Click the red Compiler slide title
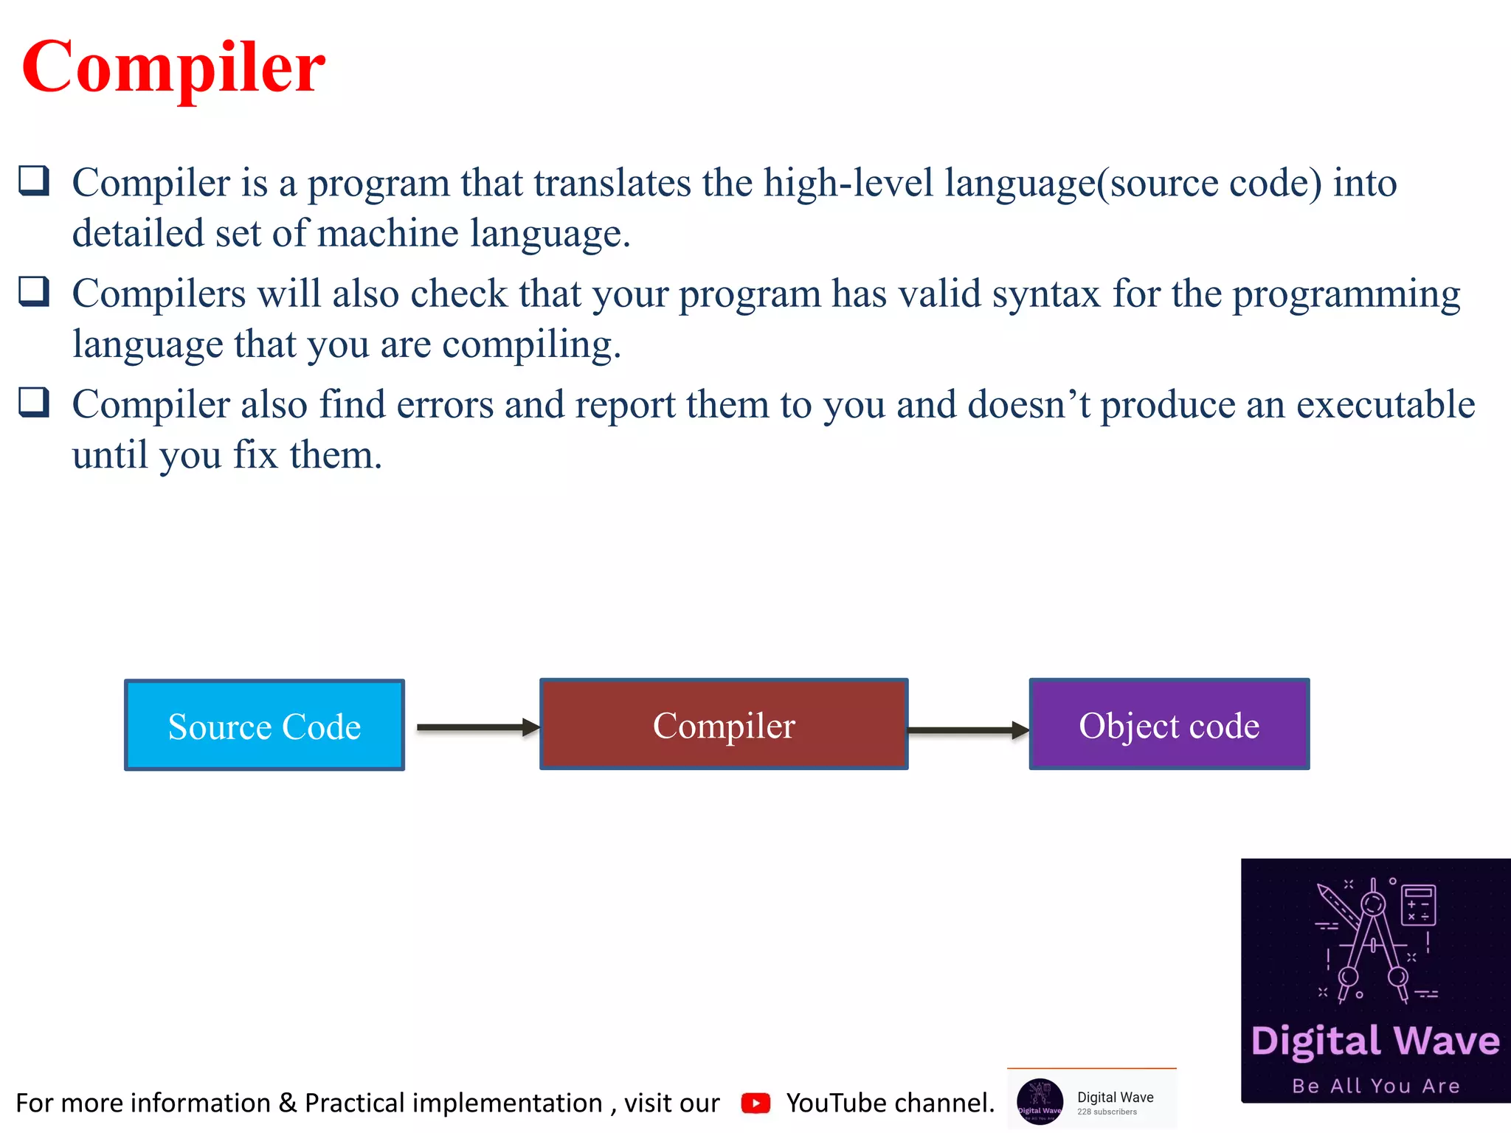pyautogui.click(x=173, y=68)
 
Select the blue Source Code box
pyautogui.click(x=264, y=725)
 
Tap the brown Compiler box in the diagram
pyautogui.click(x=723, y=724)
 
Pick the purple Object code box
pyautogui.click(x=1169, y=724)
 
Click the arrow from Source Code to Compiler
pyautogui.click(x=477, y=727)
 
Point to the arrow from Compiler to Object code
pyautogui.click(x=967, y=730)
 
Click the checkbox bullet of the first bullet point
pyautogui.click(x=34, y=181)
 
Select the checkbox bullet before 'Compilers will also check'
pyautogui.click(x=34, y=291)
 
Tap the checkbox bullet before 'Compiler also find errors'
pyautogui.click(x=34, y=403)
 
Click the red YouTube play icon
pyautogui.click(x=755, y=1103)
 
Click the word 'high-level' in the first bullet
pyautogui.click(x=848, y=183)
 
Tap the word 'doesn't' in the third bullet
pyautogui.click(x=1028, y=405)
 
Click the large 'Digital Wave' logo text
pyautogui.click(x=1375, y=1041)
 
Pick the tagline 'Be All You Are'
pyautogui.click(x=1375, y=1086)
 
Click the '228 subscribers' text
pyautogui.click(x=1107, y=1112)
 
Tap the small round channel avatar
pyautogui.click(x=1040, y=1101)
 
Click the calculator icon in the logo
pyautogui.click(x=1418, y=904)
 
